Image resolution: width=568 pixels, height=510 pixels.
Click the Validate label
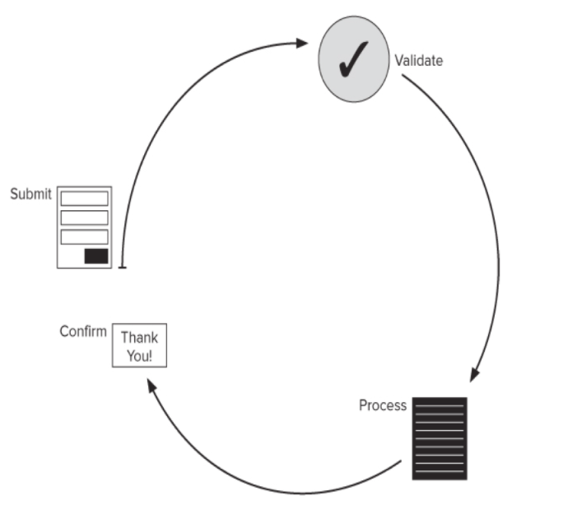418,60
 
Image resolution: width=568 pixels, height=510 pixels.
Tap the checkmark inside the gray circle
353,59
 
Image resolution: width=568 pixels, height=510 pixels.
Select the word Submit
30,194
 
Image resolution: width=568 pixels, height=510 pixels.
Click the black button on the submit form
96,256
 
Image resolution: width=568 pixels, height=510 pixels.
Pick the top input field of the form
85,199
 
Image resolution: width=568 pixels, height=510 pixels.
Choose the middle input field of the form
85,218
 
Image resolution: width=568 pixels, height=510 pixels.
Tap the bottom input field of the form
85,236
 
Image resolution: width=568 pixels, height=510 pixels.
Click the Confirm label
83,331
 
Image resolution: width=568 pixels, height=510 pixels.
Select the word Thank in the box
139,338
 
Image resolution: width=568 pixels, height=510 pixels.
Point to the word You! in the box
139,356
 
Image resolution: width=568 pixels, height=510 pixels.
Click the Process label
383,405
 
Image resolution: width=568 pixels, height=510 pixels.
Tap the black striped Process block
440,438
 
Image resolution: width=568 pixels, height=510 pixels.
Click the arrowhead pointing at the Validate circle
302,43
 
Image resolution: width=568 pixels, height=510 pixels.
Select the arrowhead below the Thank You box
151,385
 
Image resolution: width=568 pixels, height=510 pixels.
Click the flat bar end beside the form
123,268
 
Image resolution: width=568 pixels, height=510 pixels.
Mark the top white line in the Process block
440,405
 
